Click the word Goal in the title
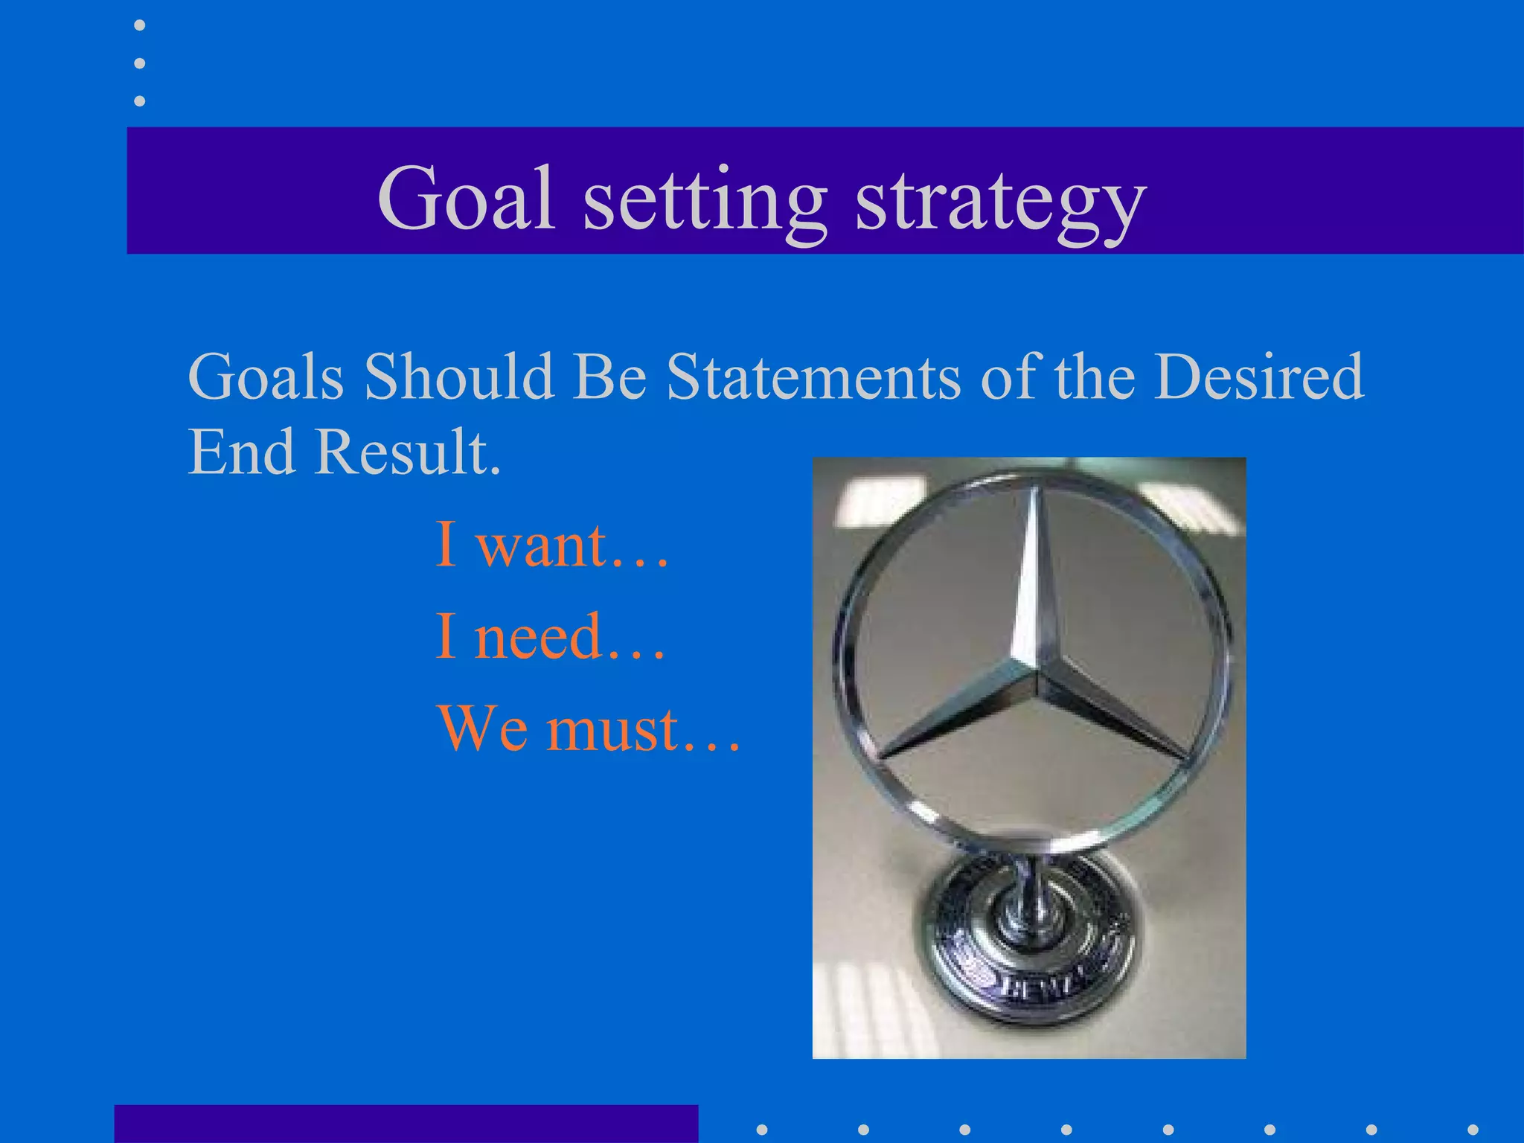[467, 199]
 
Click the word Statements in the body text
[813, 377]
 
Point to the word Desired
[1258, 377]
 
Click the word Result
[406, 452]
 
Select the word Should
[459, 377]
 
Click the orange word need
[537, 637]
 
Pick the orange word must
[613, 729]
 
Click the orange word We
[482, 729]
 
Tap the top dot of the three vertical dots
[139, 26]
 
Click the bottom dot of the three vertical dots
[139, 100]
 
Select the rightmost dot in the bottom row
[1473, 1130]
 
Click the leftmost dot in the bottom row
[762, 1130]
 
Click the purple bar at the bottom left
[406, 1124]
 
